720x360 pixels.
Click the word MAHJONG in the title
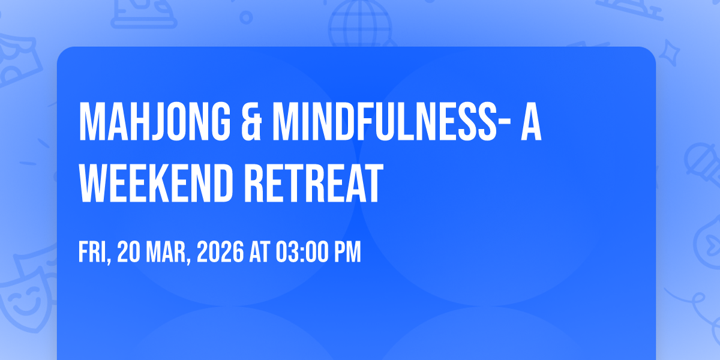point(155,121)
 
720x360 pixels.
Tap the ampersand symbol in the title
point(251,121)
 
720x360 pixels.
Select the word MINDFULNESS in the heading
point(385,121)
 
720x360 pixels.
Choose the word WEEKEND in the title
point(155,183)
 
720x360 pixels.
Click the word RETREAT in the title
point(314,183)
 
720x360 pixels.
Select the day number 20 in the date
point(128,252)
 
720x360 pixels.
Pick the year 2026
point(220,252)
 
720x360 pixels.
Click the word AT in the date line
point(260,252)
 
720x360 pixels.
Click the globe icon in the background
point(360,23)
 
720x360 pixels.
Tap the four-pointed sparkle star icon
point(669,53)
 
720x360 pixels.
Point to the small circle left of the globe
point(246,17)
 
